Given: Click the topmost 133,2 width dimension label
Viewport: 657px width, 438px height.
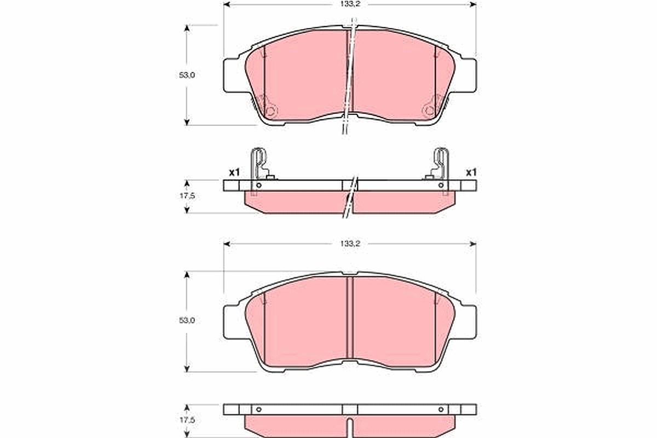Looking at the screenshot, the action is (x=350, y=4).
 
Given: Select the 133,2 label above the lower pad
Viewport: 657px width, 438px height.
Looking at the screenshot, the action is (x=350, y=244).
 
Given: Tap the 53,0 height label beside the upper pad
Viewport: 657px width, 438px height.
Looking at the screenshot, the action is (x=187, y=75).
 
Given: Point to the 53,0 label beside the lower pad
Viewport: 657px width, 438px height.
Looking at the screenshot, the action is (x=187, y=320).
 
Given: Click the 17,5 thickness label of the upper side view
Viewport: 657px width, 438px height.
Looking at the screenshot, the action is (x=187, y=195).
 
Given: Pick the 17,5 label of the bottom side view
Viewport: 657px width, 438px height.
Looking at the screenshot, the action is (x=187, y=420).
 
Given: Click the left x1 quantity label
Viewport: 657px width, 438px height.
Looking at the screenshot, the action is (x=234, y=172).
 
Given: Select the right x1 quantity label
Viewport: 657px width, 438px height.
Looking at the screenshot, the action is (x=471, y=172).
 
